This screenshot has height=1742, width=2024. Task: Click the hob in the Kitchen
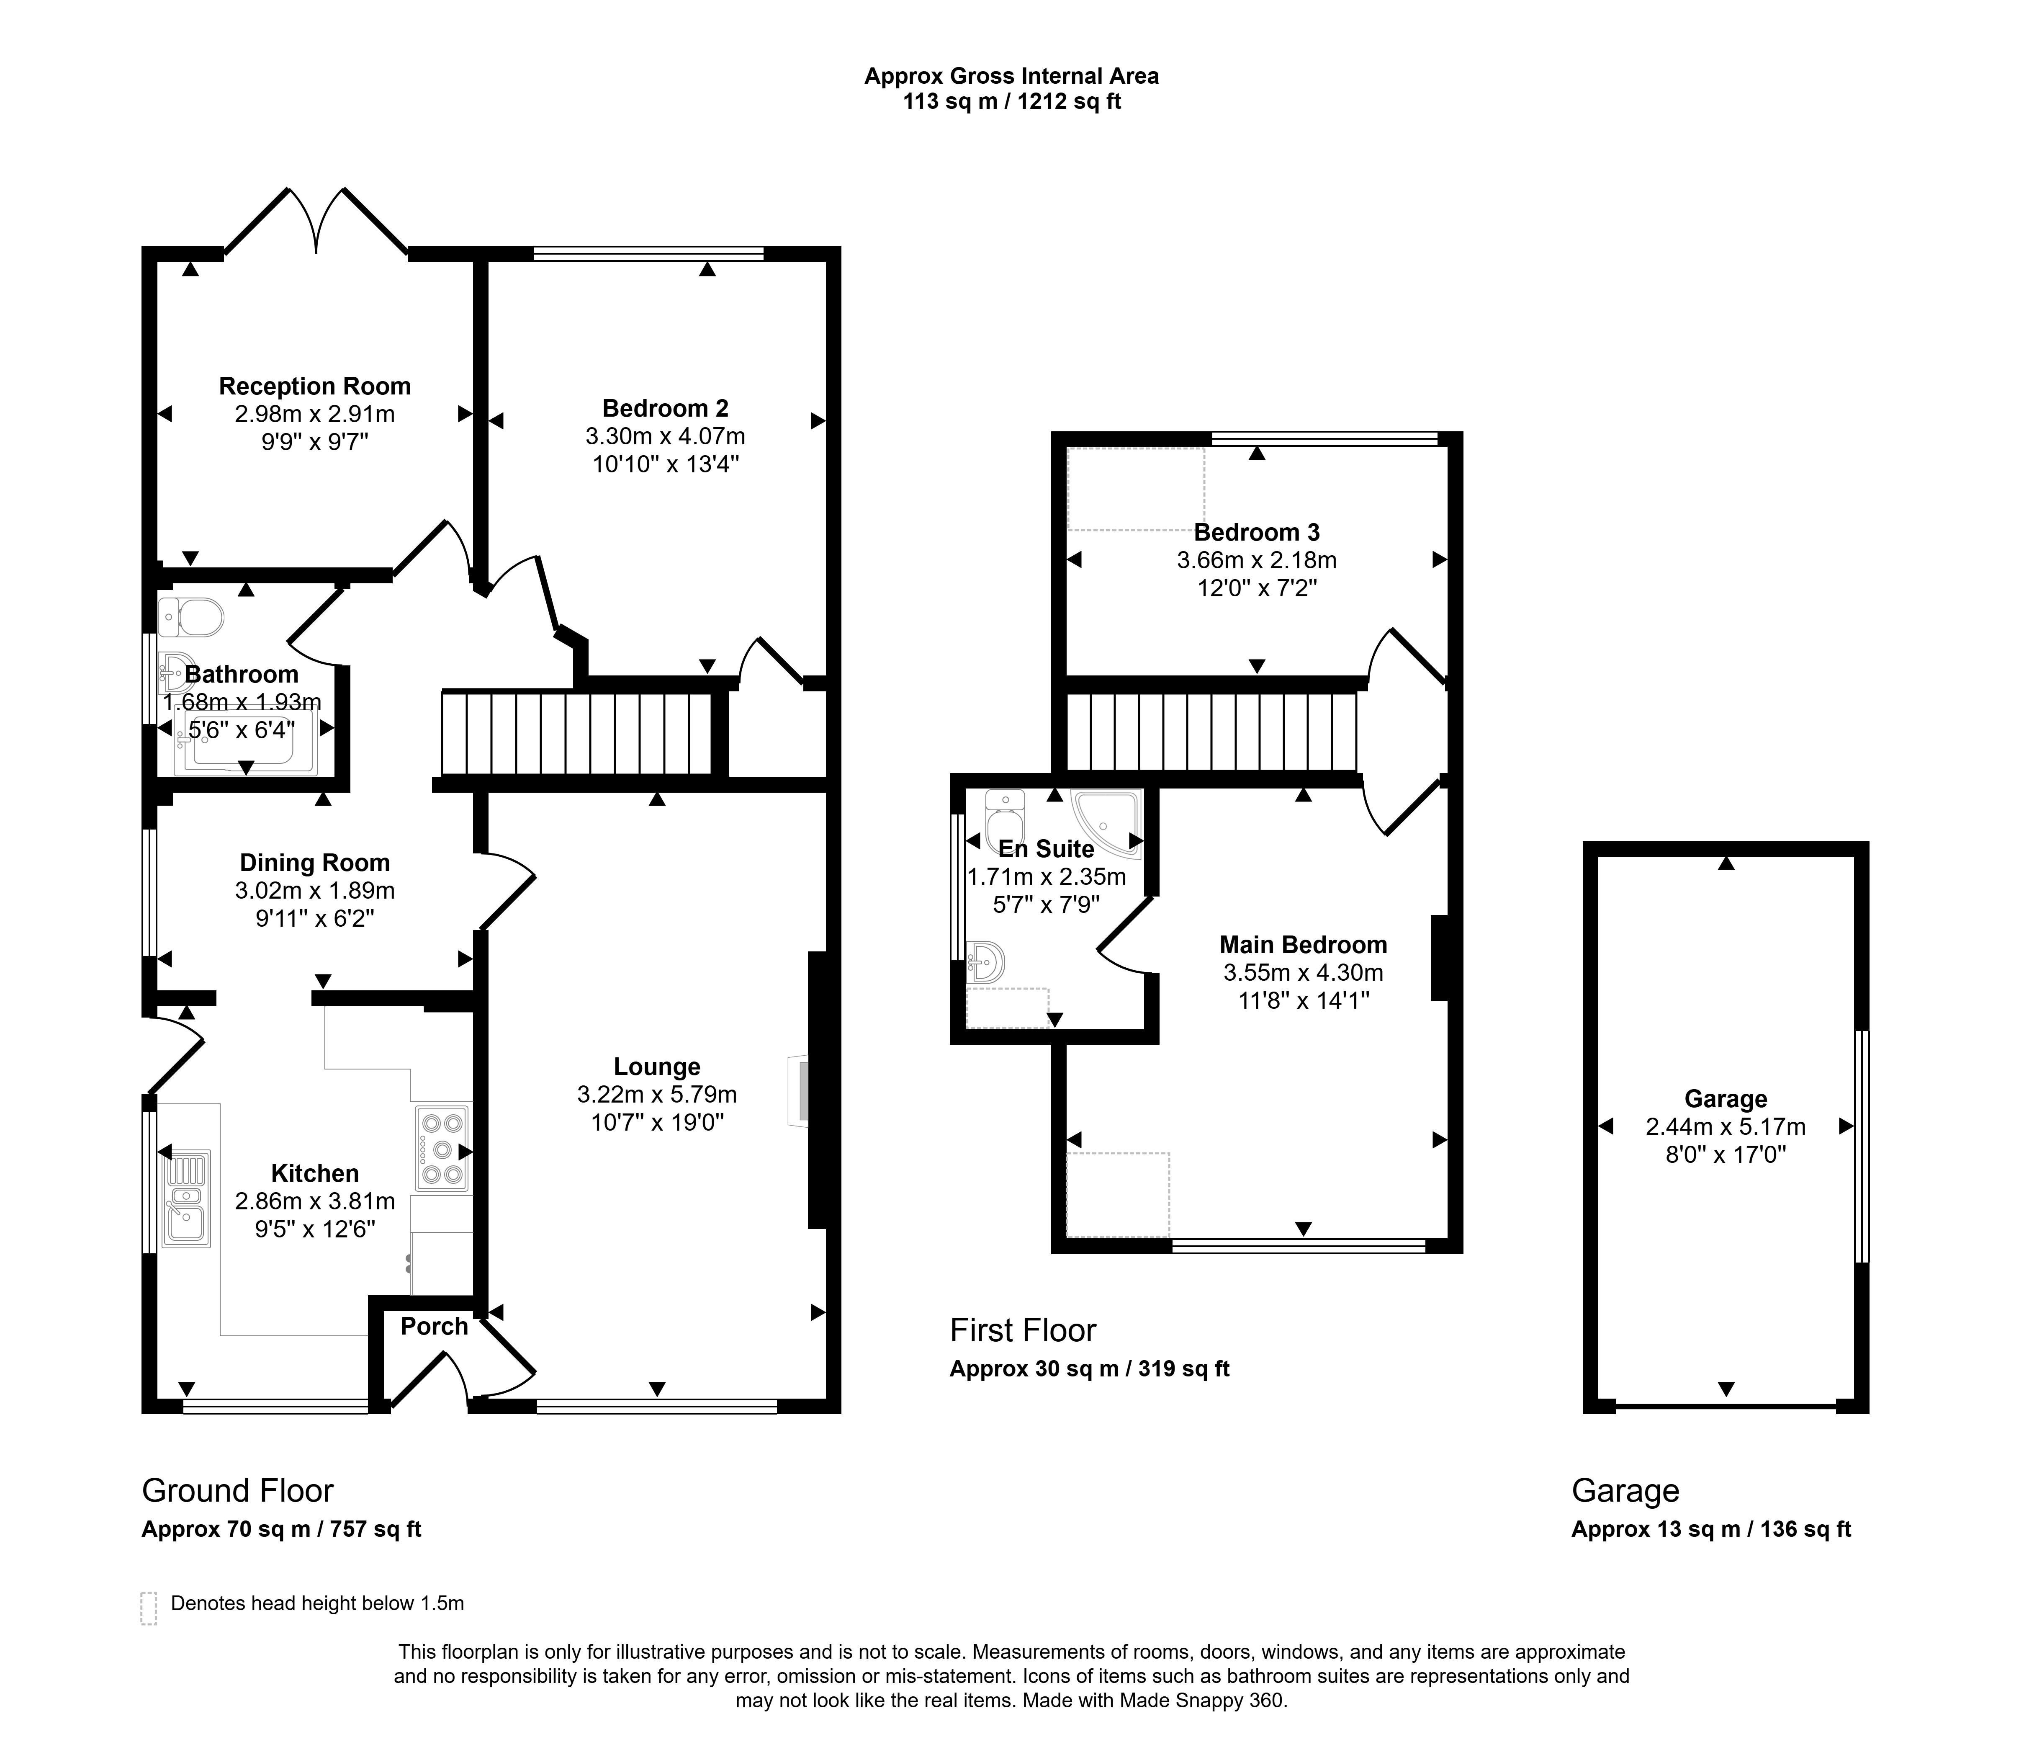pos(442,1148)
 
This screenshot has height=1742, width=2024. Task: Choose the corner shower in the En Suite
pos(1107,824)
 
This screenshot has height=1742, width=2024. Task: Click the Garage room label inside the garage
pos(1726,1099)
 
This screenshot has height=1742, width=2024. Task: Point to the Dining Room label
pos(314,863)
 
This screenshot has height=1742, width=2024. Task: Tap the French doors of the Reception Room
pos(316,221)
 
